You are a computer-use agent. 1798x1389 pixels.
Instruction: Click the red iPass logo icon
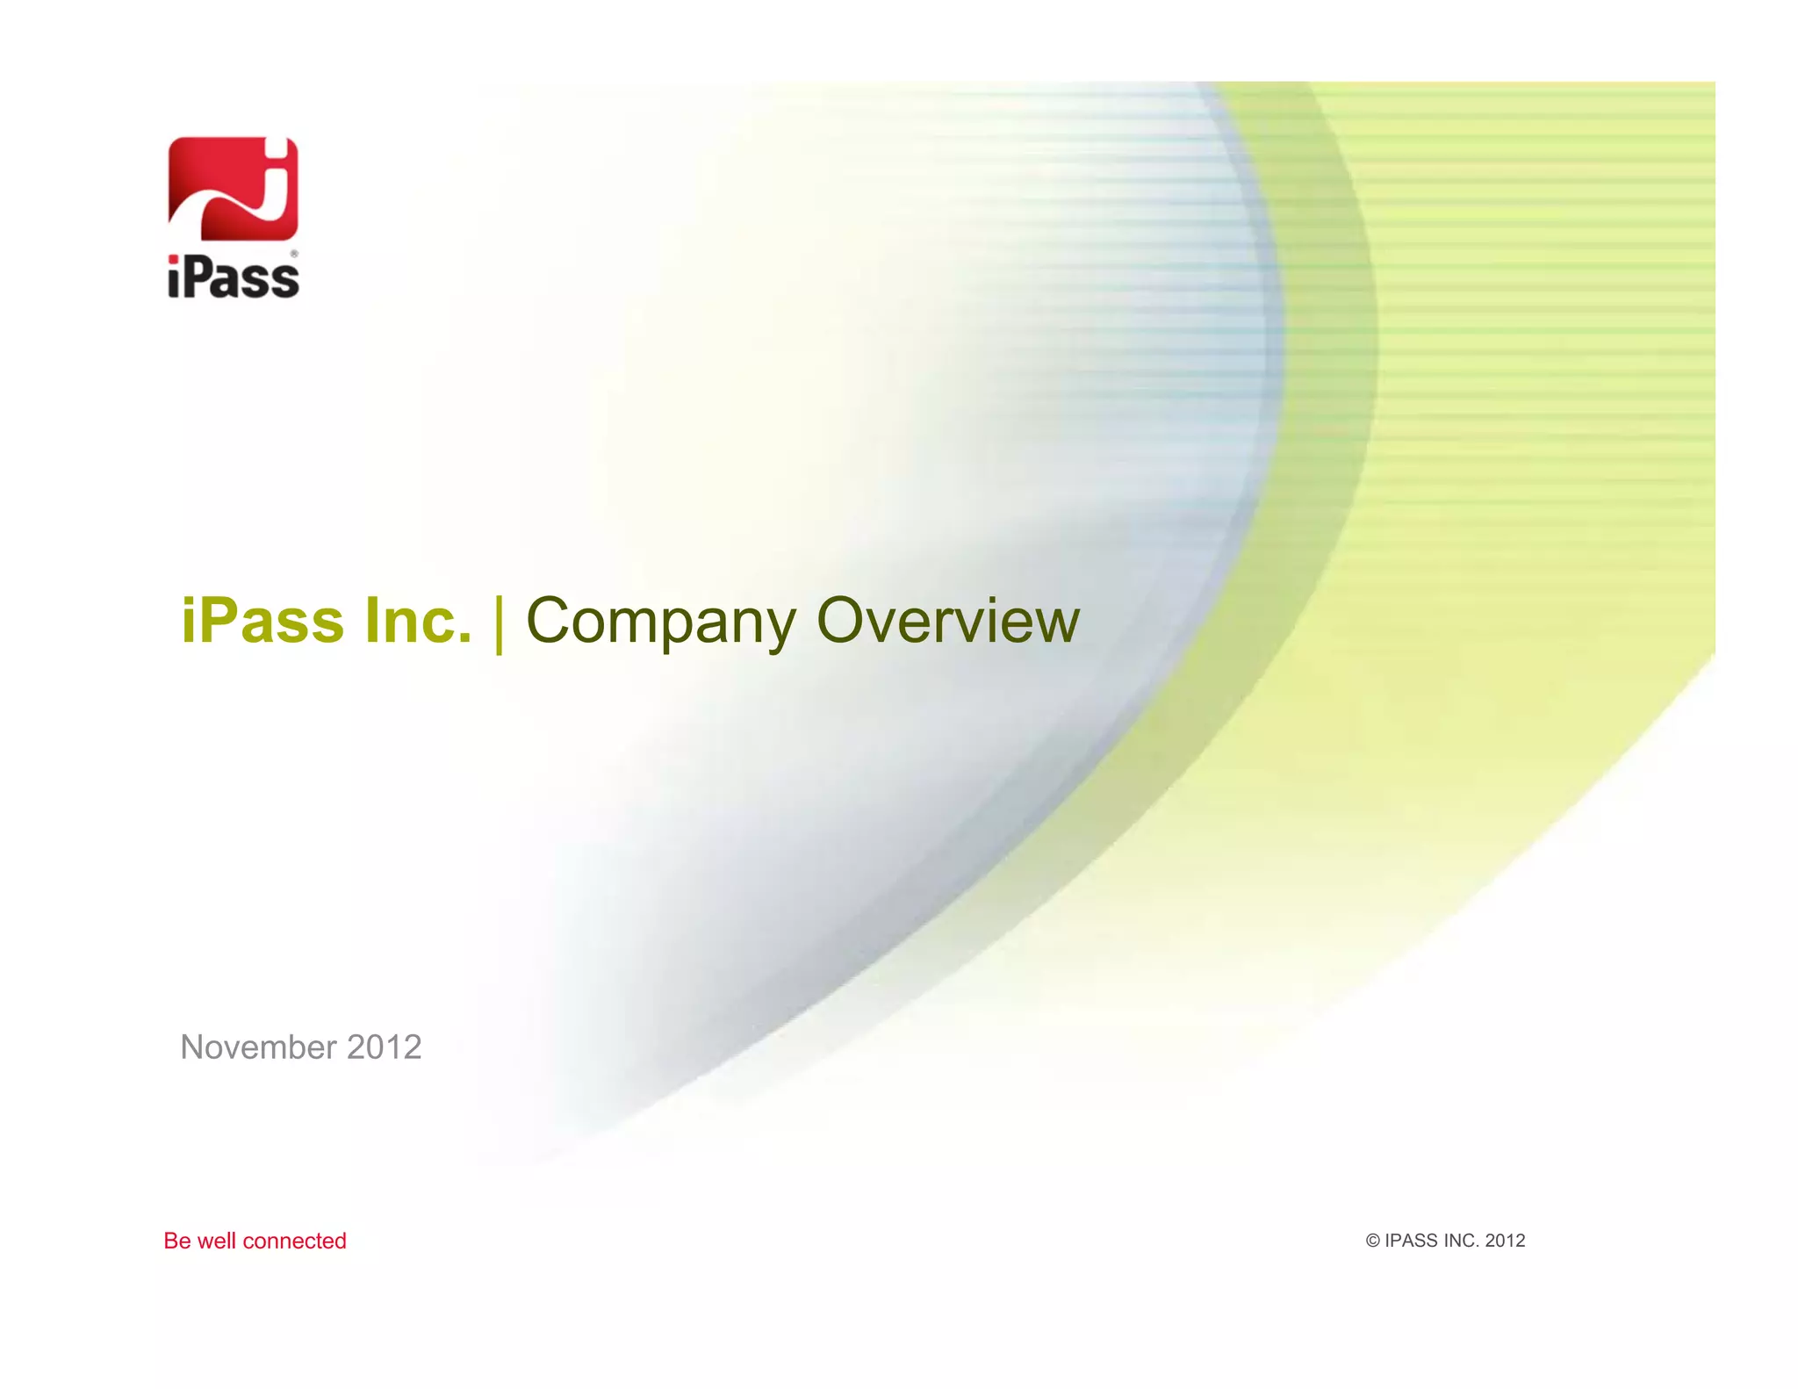point(233,188)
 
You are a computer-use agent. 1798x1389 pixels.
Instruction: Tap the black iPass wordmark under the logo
point(233,277)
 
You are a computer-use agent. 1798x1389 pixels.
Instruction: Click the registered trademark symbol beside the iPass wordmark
point(294,255)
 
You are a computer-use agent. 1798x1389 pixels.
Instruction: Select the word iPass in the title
point(263,621)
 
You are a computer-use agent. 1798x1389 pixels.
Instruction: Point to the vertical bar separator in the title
point(499,623)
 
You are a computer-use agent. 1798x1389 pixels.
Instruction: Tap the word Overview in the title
point(948,621)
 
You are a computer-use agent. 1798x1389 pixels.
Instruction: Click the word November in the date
point(258,1047)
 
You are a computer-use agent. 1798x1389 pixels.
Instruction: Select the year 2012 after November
point(385,1047)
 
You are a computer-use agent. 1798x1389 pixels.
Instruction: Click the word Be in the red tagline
point(176,1241)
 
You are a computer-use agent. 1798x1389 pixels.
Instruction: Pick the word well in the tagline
point(216,1241)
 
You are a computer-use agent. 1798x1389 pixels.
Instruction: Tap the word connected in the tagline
point(294,1241)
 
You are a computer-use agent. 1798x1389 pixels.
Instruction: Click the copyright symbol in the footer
point(1373,1241)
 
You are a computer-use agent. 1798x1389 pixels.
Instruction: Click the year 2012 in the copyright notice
point(1506,1241)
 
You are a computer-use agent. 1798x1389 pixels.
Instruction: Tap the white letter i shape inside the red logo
point(276,180)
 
